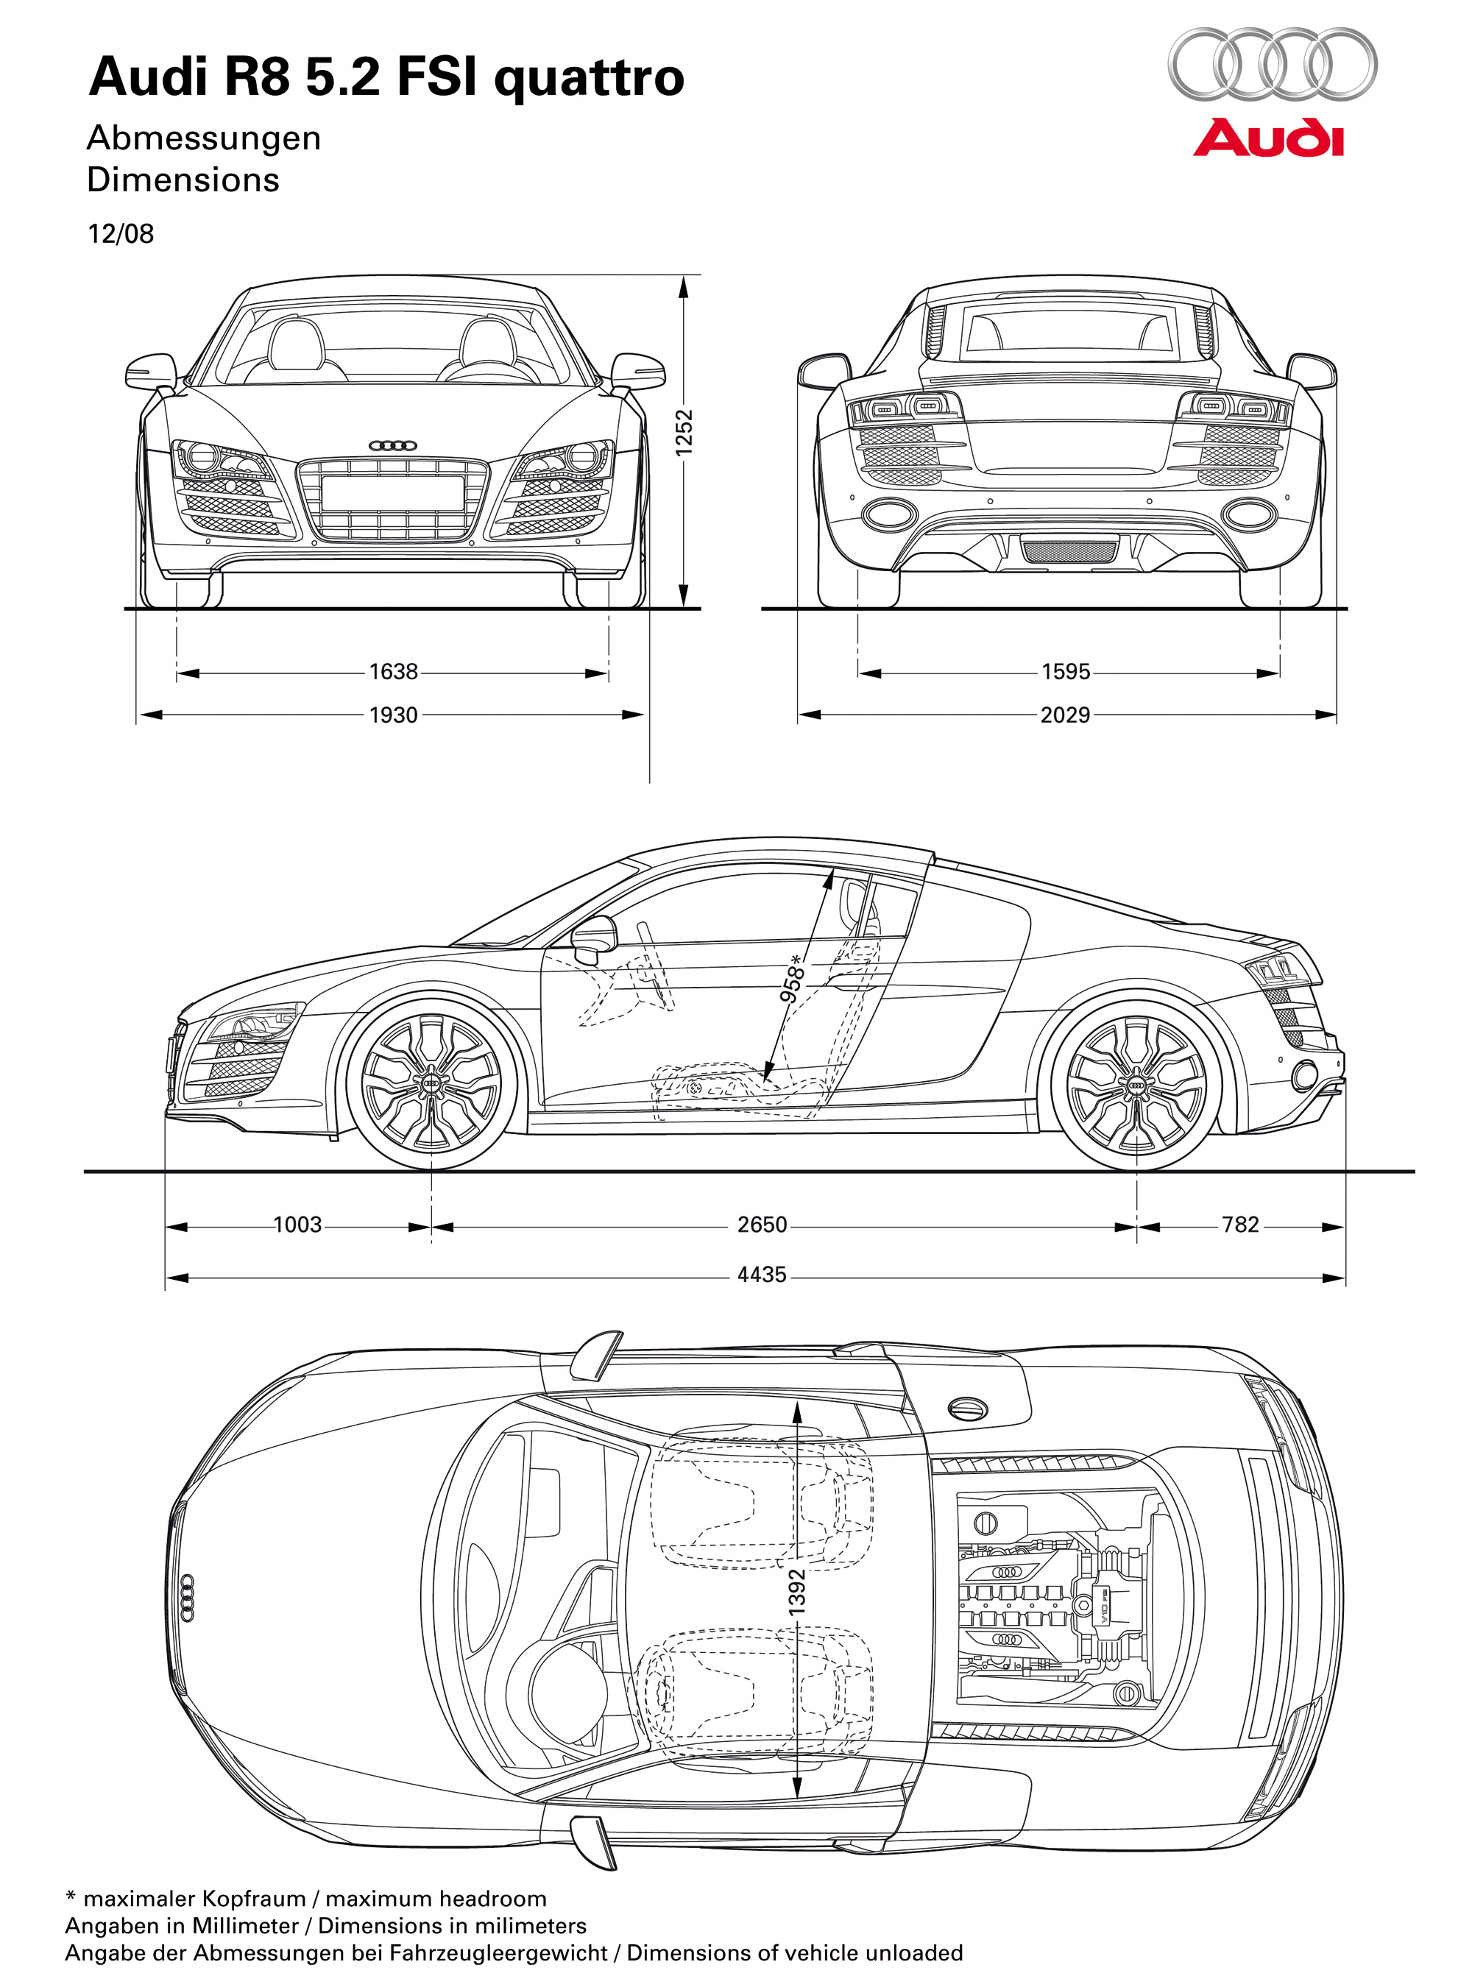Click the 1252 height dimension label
(x=684, y=432)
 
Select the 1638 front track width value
(x=393, y=671)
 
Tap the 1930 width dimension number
(x=393, y=715)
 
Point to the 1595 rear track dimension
(x=1066, y=671)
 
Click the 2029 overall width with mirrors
(x=1066, y=715)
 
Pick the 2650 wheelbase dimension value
(x=762, y=1225)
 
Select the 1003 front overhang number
(x=297, y=1225)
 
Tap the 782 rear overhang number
(x=1240, y=1225)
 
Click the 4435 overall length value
(x=762, y=1275)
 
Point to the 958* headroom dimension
(x=792, y=978)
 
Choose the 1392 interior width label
(x=798, y=1590)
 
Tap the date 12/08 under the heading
(x=120, y=234)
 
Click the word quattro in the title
(x=589, y=79)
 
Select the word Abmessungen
(x=204, y=138)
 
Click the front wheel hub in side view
(x=432, y=1083)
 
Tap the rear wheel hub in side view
(x=1137, y=1083)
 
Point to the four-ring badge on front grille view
(x=393, y=445)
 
